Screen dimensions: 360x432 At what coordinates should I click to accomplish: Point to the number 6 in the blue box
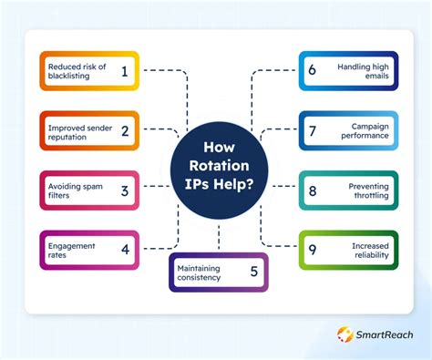pos(313,71)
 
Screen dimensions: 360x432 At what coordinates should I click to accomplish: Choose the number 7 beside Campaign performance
pos(313,130)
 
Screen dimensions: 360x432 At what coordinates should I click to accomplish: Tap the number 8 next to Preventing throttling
pos(313,190)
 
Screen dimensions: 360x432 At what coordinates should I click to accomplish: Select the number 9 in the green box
pos(313,250)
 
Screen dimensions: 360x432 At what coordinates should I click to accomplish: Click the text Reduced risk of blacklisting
pos(77,71)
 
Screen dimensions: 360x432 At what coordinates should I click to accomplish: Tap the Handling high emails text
pos(363,71)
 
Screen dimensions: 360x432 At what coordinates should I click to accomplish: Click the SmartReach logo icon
pos(345,335)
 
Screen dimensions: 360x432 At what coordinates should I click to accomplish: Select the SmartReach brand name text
pos(386,335)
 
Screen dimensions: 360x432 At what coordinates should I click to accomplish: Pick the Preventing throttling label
pos(367,190)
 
